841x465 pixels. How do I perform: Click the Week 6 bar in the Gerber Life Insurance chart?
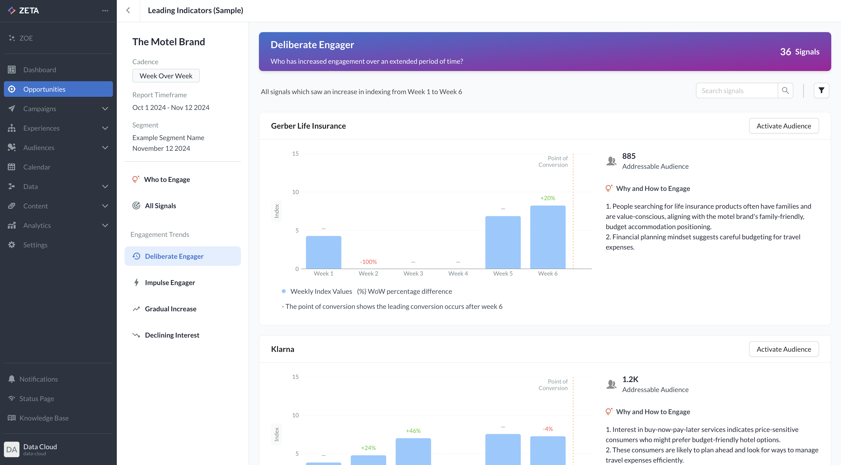[x=548, y=237]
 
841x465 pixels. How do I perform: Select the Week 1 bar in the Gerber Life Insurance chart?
[x=323, y=252]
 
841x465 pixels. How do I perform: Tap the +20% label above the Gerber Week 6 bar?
[x=548, y=198]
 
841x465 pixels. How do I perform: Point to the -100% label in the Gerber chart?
[x=368, y=262]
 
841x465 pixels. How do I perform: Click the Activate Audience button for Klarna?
[x=784, y=349]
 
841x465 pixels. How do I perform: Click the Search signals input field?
[x=737, y=91]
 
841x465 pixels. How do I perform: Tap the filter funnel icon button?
[x=821, y=90]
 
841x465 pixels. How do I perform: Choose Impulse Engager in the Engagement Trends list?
[x=170, y=283]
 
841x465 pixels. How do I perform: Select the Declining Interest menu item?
[x=172, y=335]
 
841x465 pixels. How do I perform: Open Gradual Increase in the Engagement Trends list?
[x=170, y=309]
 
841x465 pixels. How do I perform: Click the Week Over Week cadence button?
[x=166, y=76]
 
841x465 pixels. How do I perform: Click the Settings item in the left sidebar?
[x=35, y=245]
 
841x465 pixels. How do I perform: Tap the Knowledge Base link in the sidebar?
[x=44, y=418]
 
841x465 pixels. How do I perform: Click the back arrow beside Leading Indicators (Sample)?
[x=128, y=10]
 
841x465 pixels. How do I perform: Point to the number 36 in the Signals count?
[x=786, y=52]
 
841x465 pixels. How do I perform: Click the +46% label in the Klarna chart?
[x=413, y=431]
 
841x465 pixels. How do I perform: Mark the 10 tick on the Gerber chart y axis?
[x=295, y=192]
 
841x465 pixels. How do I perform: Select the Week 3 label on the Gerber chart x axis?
[x=413, y=273]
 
